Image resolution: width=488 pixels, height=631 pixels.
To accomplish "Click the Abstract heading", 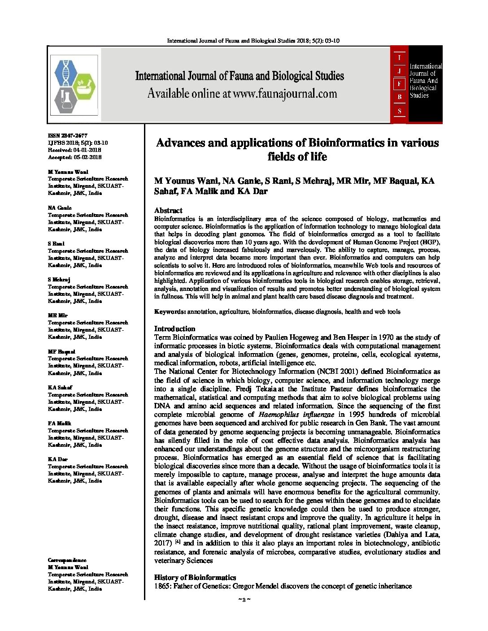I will click(x=168, y=210).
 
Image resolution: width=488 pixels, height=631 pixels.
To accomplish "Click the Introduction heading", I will click(x=174, y=328).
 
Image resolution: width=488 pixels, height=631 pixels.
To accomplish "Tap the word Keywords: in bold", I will click(x=170, y=311).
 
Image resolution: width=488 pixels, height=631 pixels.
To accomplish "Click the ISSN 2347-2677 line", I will click(x=68, y=135).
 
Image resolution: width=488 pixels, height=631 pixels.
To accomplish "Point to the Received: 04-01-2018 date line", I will click(x=74, y=150).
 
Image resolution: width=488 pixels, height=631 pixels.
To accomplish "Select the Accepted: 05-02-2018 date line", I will click(x=74, y=157).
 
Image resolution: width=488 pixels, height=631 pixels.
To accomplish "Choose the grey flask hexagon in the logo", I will click(x=65, y=100).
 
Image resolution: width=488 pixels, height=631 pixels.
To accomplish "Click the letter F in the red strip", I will click(x=399, y=83).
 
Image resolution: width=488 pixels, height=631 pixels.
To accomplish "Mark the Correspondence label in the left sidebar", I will click(x=67, y=560).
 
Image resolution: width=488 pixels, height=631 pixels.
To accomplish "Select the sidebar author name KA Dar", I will click(x=58, y=459).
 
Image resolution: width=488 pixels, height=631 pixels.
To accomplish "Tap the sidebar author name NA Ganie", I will click(x=60, y=208).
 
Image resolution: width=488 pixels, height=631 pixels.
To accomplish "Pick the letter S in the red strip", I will click(x=399, y=110).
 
